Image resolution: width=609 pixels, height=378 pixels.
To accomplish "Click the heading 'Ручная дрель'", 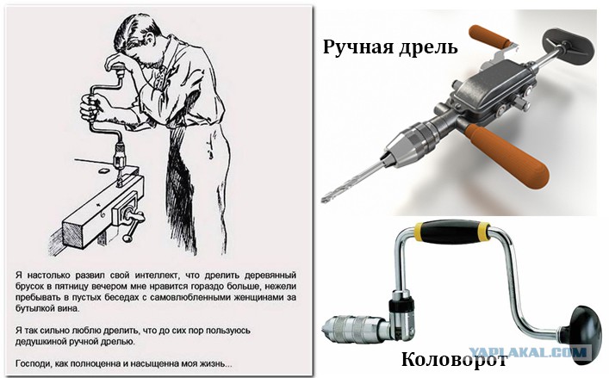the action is click(390, 47).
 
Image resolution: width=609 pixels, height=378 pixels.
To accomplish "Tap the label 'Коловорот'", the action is click(454, 358).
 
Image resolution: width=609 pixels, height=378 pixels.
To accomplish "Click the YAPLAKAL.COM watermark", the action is click(527, 352).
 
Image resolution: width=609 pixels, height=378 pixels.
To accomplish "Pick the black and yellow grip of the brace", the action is click(451, 232).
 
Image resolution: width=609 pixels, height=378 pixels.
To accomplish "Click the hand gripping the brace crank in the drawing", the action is click(89, 108).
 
